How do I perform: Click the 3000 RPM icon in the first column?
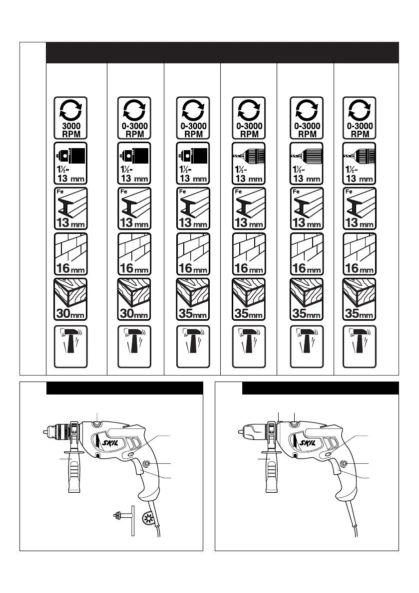click(70, 118)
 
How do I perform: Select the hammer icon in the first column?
click(70, 346)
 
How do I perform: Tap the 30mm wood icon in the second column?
click(134, 300)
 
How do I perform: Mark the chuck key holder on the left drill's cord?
click(149, 516)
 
